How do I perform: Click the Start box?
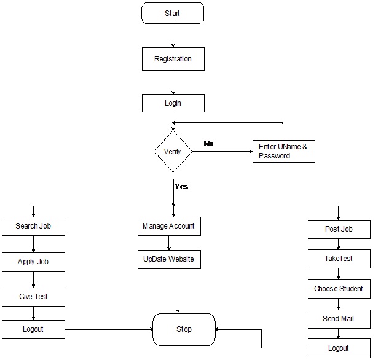tap(172, 14)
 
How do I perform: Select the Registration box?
tap(173, 60)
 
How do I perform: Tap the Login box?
tap(173, 103)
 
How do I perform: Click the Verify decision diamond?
tap(173, 151)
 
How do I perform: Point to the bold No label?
tap(209, 143)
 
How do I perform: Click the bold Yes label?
tap(181, 186)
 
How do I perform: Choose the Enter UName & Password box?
tap(283, 151)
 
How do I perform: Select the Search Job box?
tap(33, 226)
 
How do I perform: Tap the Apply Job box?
tap(33, 262)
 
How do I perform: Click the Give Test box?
tap(33, 297)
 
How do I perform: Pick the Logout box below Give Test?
tap(33, 329)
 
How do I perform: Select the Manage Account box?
tap(169, 226)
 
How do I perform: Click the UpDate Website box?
tap(169, 259)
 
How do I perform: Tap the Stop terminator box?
tap(184, 329)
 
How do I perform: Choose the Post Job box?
tap(339, 229)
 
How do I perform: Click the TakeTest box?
tap(339, 259)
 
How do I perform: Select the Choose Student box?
tap(339, 289)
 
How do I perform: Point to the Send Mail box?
tap(339, 319)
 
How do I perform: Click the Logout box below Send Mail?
tap(339, 348)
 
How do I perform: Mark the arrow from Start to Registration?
tap(173, 36)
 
